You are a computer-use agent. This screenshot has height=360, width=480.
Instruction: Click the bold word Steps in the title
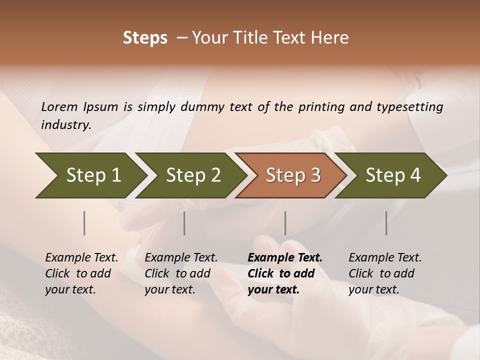coord(145,38)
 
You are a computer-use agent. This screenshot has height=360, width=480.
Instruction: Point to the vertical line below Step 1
coord(84,223)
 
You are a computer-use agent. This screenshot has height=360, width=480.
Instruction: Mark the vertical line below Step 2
coord(184,223)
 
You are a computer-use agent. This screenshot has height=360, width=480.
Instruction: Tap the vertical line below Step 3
coord(285,223)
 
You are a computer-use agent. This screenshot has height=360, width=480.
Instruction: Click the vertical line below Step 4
coord(386,223)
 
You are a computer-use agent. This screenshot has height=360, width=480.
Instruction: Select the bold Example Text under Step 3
coord(285,258)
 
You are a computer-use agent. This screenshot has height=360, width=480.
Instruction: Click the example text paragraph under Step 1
coord(81,273)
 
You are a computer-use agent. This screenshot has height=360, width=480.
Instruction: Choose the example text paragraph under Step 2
coord(180,273)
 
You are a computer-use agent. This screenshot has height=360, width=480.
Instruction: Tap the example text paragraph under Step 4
coord(384,273)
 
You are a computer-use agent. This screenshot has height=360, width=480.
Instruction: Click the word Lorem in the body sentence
coord(59,107)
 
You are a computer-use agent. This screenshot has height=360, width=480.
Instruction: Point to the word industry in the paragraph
coord(65,125)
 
